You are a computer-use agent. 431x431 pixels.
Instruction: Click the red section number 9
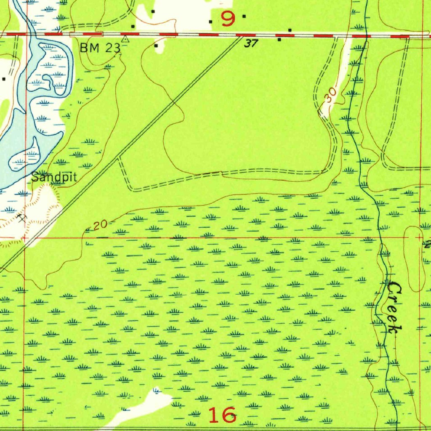coord(228,19)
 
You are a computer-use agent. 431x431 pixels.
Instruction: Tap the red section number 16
coord(222,415)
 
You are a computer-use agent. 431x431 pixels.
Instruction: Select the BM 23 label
coord(100,48)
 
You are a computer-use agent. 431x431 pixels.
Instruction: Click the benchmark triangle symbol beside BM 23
coord(125,39)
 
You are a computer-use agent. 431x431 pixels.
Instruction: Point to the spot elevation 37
coord(251,43)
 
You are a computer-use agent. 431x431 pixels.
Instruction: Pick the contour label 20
coord(100,226)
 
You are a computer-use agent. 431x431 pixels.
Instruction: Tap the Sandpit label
coord(54,177)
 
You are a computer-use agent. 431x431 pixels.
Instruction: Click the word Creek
coord(394,307)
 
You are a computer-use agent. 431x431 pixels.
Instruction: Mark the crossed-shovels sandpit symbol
coord(22,218)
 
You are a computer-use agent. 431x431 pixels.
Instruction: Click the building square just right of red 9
coord(244,16)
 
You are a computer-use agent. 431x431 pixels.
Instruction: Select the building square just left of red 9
coord(210,21)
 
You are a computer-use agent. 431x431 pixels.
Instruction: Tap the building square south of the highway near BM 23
coord(156,45)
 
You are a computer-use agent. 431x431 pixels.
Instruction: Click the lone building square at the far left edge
coord(4,79)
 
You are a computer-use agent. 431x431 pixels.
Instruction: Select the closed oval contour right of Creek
coord(415,258)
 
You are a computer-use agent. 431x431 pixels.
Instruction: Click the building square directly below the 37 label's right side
coord(279,40)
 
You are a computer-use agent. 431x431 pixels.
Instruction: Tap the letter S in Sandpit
coord(35,177)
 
